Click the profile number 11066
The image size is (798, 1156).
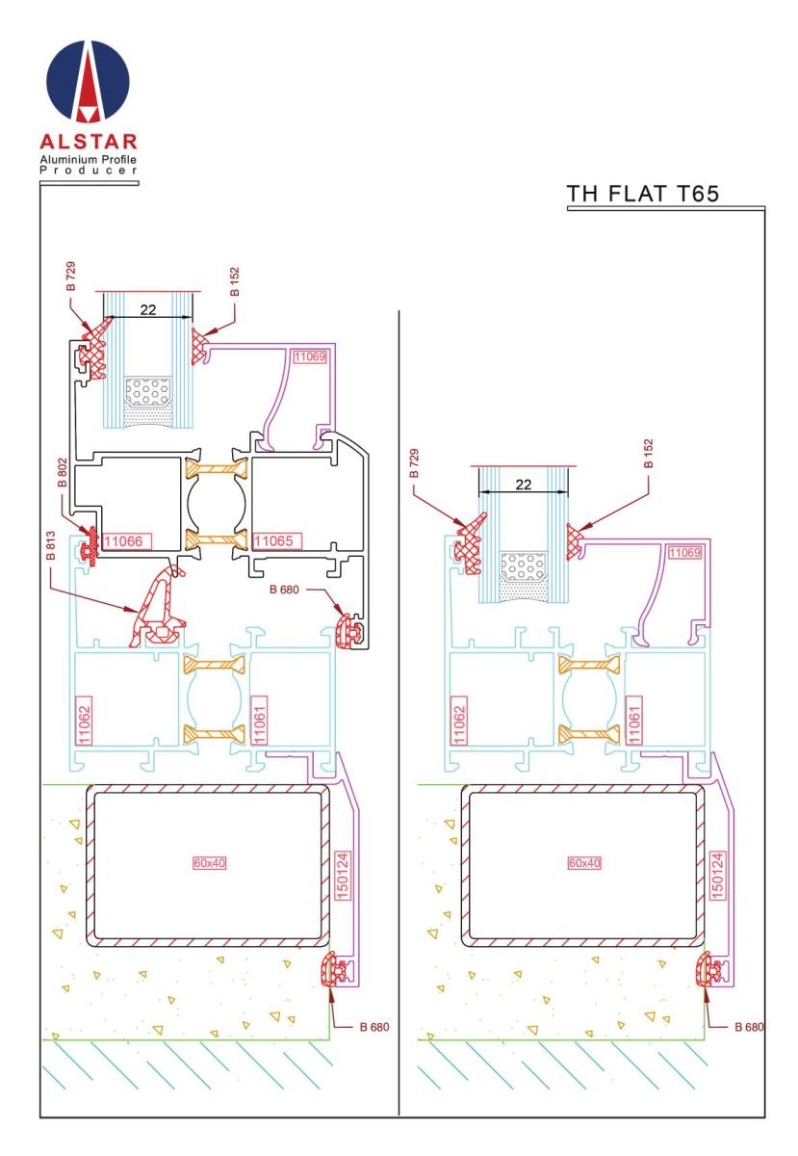(x=123, y=541)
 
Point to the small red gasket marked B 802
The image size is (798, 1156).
(x=92, y=543)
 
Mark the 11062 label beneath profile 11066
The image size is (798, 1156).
(x=84, y=717)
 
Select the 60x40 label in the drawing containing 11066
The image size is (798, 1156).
(x=207, y=862)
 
